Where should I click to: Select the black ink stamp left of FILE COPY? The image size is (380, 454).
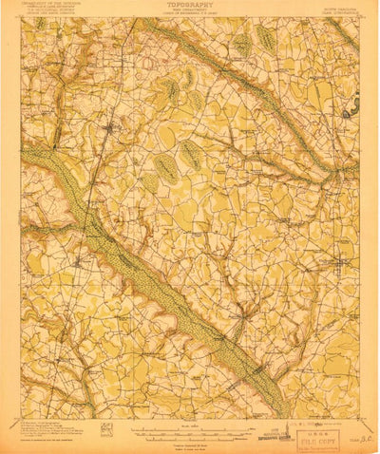(280, 435)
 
